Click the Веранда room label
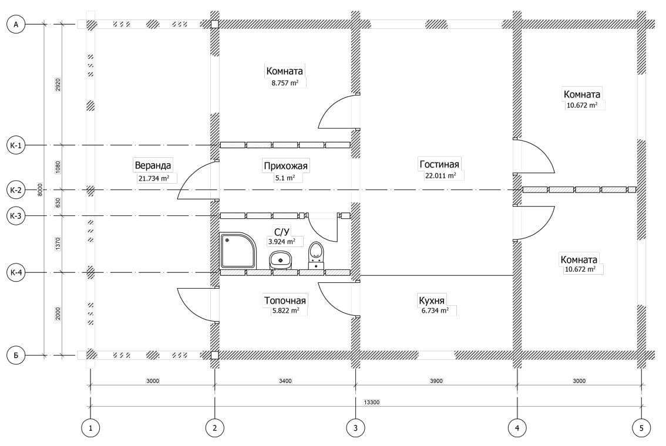click(153, 165)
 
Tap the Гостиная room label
click(439, 164)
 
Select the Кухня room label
click(432, 300)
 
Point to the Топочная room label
click(285, 300)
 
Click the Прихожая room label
click(285, 165)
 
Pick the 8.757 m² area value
click(285, 83)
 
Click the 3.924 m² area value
click(281, 242)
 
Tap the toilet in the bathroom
click(315, 255)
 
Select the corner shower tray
click(238, 251)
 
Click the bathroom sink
click(280, 260)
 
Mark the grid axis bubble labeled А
click(16, 25)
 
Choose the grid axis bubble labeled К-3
click(16, 215)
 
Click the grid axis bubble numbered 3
click(355, 428)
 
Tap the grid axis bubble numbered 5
click(641, 428)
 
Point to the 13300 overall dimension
click(372, 402)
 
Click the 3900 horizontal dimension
click(436, 381)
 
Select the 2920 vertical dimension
click(58, 85)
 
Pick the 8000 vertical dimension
click(40, 190)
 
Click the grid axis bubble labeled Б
click(16, 355)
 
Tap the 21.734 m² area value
click(154, 178)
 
